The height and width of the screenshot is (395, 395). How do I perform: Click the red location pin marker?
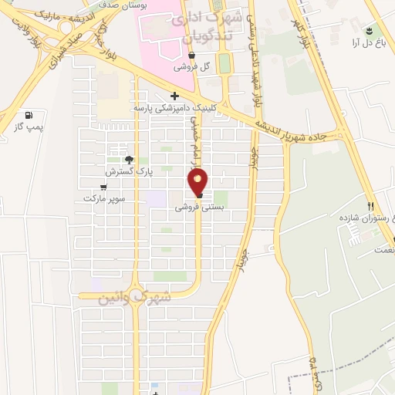[x=198, y=182]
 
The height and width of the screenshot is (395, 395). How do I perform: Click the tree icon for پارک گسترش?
[x=138, y=160]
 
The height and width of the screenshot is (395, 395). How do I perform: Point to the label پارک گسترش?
[x=137, y=172]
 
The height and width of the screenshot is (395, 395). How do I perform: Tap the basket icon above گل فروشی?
[x=191, y=56]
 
